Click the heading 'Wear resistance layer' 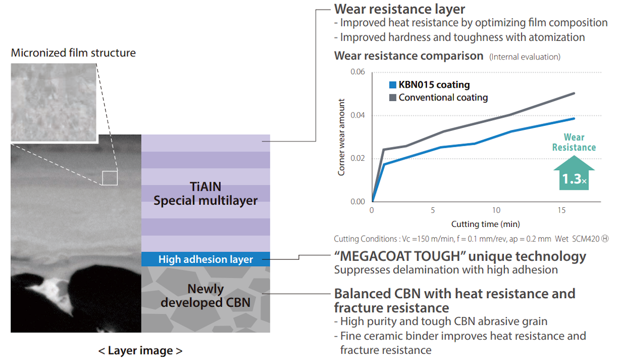(x=400, y=9)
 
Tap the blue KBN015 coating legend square (x=392, y=85)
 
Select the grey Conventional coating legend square (x=392, y=97)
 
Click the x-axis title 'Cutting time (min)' (x=486, y=224)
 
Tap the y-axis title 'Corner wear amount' (x=341, y=137)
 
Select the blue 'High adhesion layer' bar (x=205, y=259)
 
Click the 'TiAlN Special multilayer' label (x=205, y=194)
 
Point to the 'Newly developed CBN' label (x=205, y=296)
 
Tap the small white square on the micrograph (x=110, y=177)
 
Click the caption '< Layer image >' (x=140, y=351)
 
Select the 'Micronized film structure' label (x=73, y=53)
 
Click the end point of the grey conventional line (x=574, y=93)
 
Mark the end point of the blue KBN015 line (x=574, y=119)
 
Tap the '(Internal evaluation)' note (x=524, y=57)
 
